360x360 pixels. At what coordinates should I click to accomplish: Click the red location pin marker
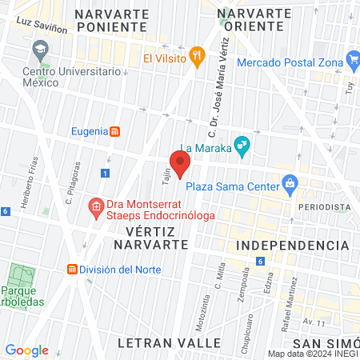click(180, 163)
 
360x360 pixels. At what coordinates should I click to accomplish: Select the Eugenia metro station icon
click(114, 131)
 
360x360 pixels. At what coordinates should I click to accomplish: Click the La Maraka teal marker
click(242, 147)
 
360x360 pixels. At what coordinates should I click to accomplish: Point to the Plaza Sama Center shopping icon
click(290, 186)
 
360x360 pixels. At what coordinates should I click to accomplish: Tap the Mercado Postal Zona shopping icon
click(353, 61)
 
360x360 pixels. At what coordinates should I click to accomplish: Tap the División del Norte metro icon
click(72, 269)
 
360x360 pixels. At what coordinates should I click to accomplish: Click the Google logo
click(26, 350)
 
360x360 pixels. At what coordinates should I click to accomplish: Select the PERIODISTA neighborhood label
click(325, 207)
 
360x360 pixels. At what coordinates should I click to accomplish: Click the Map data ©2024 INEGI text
click(313, 354)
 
